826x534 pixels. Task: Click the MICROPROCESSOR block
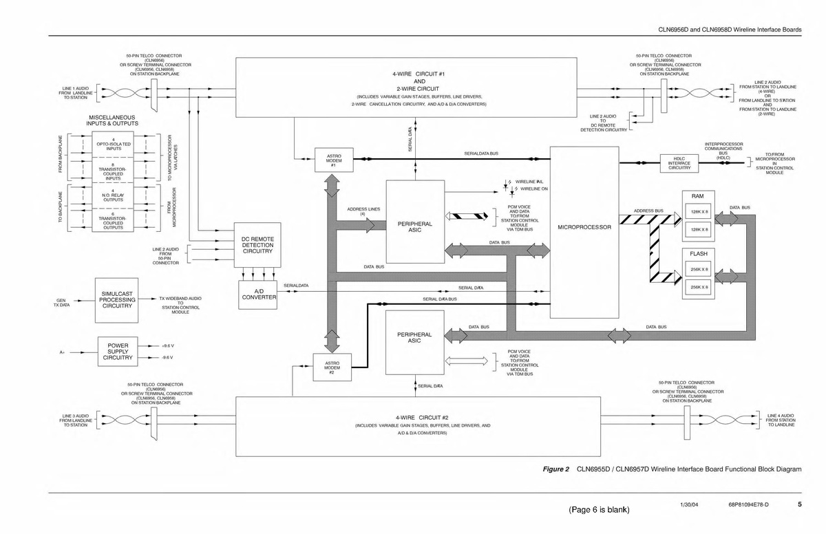(584, 227)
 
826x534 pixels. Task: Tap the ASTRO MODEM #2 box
(332, 367)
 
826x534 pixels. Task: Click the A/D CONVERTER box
(257, 294)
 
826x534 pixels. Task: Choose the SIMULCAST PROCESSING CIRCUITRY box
(117, 300)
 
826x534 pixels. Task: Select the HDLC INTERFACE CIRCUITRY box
(679, 163)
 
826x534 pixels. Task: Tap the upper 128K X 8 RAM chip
(699, 212)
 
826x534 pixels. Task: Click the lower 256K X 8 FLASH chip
(699, 287)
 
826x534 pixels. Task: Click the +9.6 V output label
(167, 345)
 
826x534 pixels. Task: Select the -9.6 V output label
(167, 358)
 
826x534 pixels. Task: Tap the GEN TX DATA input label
(61, 303)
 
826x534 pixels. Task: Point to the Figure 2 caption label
(556, 469)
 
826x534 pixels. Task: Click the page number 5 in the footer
(800, 505)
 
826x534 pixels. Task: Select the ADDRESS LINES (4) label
(363, 211)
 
